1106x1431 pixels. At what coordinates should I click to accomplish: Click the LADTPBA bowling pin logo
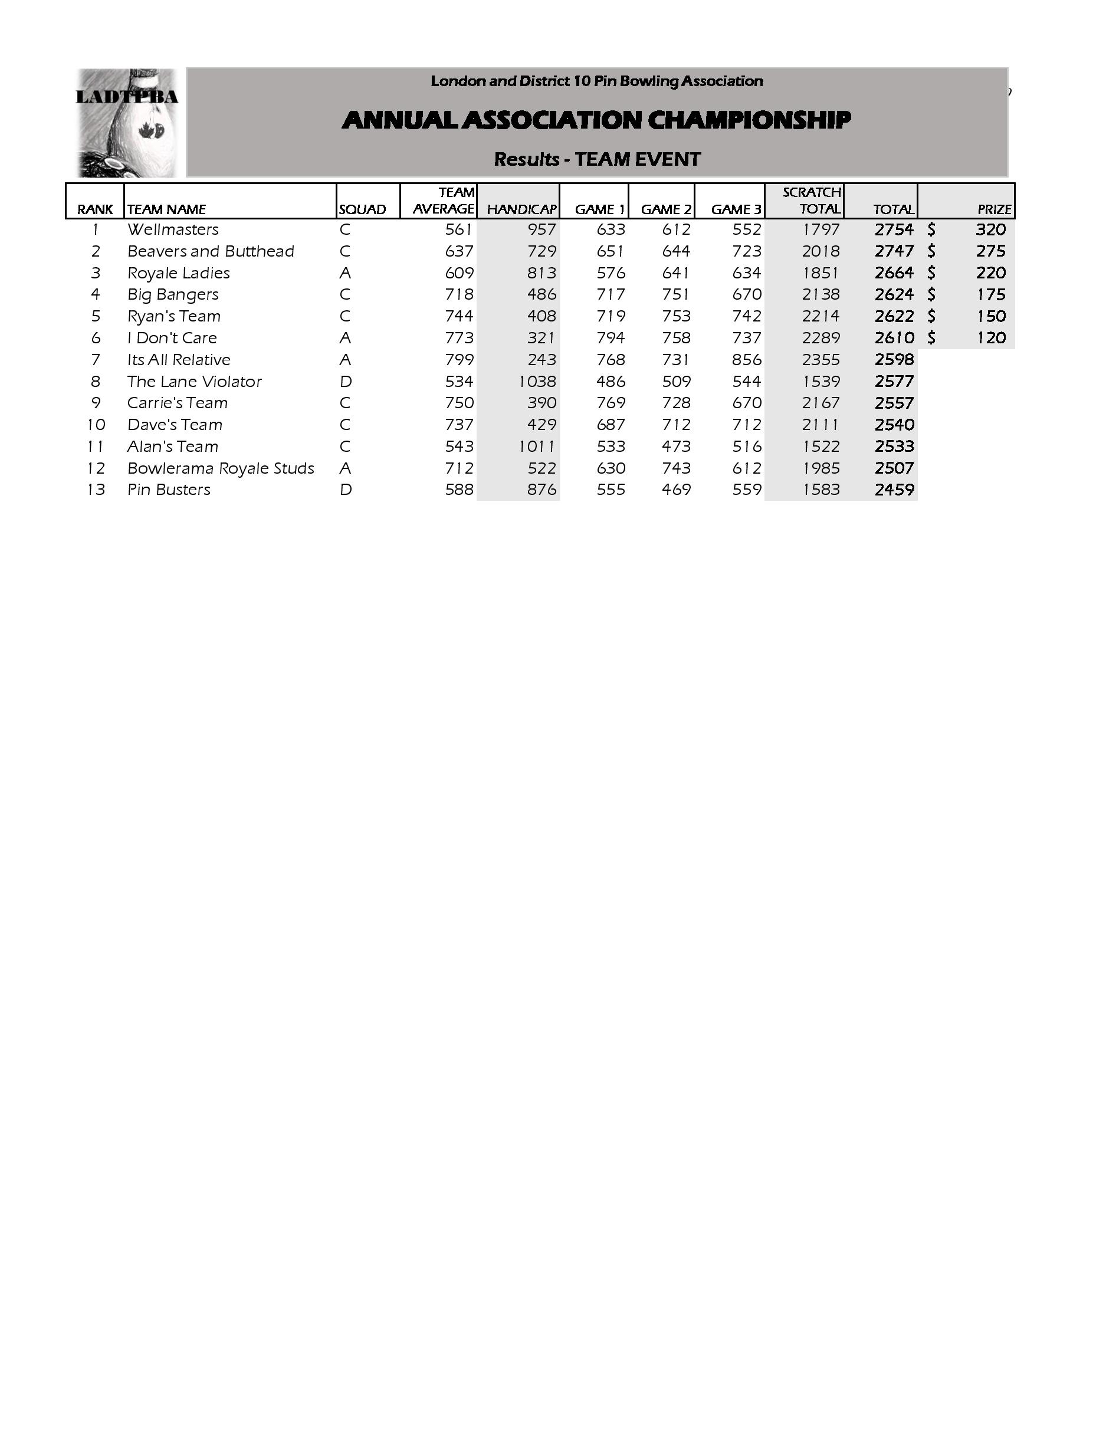pos(126,123)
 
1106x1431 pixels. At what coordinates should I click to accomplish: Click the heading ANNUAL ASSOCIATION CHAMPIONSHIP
pos(596,120)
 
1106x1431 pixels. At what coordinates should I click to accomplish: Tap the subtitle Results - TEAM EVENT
pos(597,159)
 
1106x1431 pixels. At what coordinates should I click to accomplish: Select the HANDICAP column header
pos(521,209)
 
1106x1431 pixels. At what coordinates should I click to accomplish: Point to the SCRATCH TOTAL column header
pos(811,201)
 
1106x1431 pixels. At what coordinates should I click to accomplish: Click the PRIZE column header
pos(994,209)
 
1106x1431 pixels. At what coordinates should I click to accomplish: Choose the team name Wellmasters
pos(173,229)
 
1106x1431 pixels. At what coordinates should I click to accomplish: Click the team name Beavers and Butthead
pos(211,251)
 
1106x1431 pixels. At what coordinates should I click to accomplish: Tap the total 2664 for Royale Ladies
pos(894,273)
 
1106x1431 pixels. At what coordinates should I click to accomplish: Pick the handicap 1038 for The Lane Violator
pos(537,381)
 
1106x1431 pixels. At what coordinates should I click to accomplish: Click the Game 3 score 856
pos(746,360)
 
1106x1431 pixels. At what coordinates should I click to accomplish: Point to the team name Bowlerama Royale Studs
pos(221,468)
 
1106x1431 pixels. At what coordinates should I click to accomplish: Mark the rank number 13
pos(96,490)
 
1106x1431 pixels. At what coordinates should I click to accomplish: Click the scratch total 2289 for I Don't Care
pos(821,337)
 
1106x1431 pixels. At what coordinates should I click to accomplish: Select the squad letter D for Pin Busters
pos(345,490)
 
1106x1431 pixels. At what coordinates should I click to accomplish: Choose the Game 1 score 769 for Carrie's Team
pos(611,403)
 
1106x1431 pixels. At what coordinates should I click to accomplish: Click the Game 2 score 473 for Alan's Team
pos(676,446)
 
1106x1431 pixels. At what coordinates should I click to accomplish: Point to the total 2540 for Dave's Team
pos(894,425)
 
